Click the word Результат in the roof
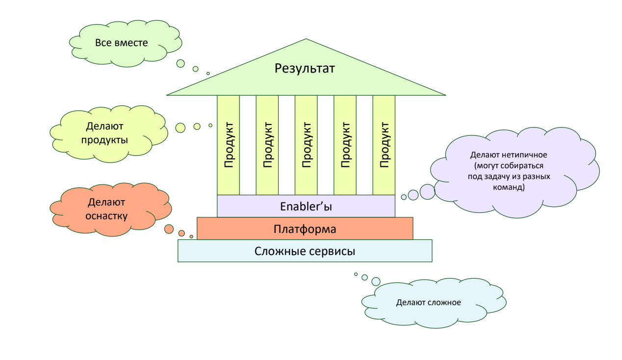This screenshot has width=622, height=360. pos(305,68)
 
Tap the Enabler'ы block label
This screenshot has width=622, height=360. pos(306,206)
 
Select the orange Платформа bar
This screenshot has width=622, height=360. pos(305,229)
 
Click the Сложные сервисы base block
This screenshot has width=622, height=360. pos(305,251)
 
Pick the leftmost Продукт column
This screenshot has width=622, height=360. pos(228,145)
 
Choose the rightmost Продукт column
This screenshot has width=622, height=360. pos(384,145)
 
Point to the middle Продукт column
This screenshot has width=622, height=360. pos(306,145)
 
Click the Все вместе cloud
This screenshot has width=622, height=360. pos(122,43)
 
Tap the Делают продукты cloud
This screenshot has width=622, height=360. pos(107,133)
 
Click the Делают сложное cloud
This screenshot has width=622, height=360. pos(428,302)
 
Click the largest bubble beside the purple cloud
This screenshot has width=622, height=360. pos(427,192)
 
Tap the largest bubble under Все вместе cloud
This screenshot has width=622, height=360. pos(181,63)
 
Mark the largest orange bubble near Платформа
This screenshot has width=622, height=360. pos(169,229)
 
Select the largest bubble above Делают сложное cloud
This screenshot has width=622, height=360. pos(376,282)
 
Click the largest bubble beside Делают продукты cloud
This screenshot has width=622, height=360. pos(180,128)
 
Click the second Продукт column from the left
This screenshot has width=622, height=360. pos(267,145)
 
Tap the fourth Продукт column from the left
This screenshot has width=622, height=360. pos(345,145)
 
